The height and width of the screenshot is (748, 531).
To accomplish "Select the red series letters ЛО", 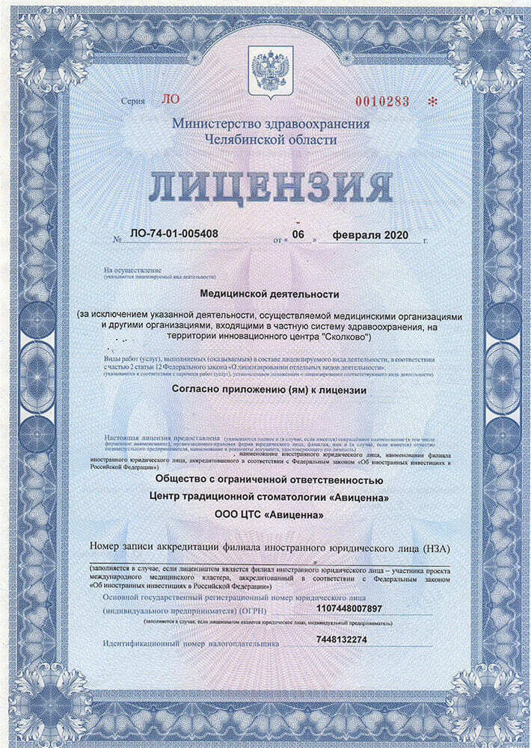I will [171, 99].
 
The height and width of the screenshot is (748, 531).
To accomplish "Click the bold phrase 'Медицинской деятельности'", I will [270, 295].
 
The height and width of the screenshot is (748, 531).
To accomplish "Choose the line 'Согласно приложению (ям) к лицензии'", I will [270, 389].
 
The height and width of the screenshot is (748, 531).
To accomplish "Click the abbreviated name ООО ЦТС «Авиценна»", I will [270, 514].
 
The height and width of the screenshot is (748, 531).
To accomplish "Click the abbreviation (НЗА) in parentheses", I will [433, 548].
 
